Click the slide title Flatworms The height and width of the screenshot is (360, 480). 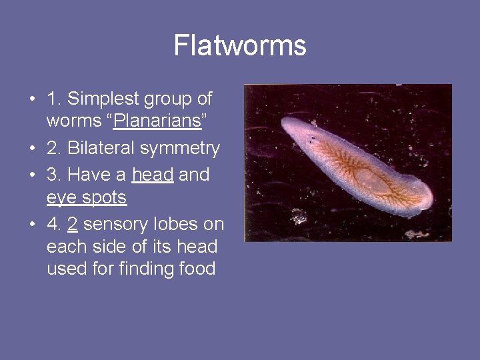(x=240, y=46)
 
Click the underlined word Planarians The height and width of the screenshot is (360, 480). (x=157, y=122)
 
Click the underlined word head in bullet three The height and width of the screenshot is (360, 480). (x=153, y=175)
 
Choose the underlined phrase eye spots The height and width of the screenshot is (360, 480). (x=87, y=198)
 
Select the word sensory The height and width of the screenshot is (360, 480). (x=117, y=224)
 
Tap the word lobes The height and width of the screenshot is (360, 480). (x=179, y=223)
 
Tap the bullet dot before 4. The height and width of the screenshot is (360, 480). (x=32, y=225)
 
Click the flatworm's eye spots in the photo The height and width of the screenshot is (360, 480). (x=312, y=139)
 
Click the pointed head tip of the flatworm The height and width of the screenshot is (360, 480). (x=285, y=123)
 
